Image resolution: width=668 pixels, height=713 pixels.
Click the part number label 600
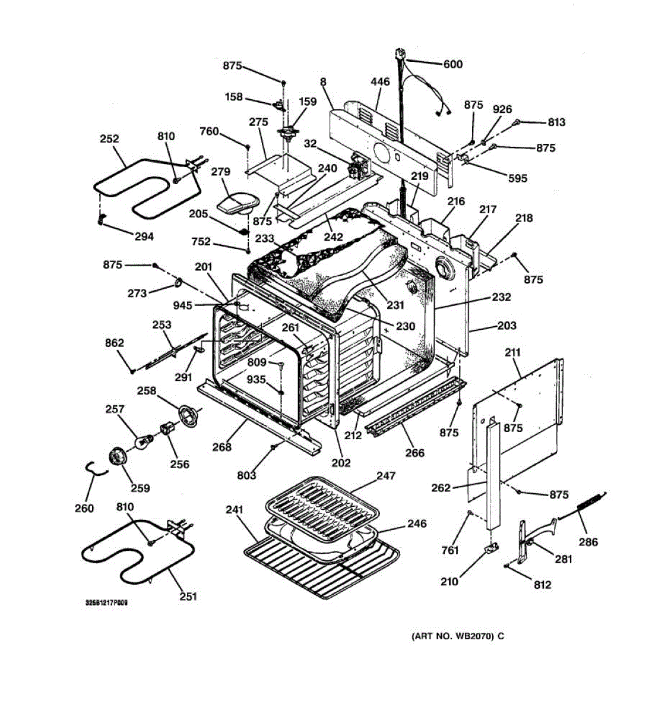453,65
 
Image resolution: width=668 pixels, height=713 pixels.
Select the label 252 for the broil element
109,139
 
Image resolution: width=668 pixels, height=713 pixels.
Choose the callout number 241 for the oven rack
235,510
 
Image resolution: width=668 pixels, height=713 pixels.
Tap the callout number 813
556,122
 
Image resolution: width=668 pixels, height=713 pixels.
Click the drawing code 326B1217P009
106,603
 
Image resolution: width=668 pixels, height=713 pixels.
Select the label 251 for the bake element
188,597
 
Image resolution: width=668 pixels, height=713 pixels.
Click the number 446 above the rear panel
380,82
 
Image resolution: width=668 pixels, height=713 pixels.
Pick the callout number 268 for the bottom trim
222,447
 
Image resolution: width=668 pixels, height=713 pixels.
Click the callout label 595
518,178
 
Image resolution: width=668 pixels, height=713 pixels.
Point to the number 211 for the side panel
512,352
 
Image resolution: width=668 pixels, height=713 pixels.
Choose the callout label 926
502,109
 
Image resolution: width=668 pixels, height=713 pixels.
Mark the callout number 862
115,343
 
